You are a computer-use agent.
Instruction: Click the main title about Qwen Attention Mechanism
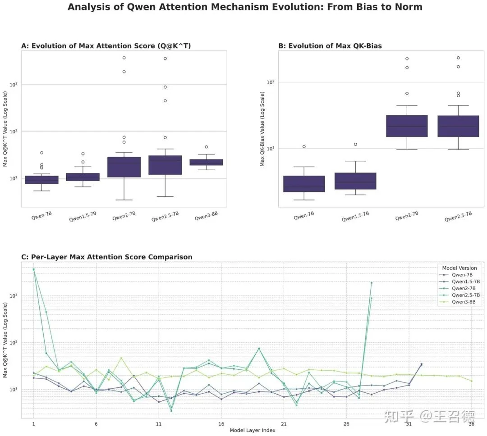click(245, 7)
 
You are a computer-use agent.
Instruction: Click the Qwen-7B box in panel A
click(42, 180)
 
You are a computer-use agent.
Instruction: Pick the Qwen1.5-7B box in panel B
click(355, 181)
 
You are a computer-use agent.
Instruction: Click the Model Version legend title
click(459, 268)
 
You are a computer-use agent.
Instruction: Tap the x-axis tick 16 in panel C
click(221, 424)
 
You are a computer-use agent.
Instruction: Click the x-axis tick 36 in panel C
click(471, 424)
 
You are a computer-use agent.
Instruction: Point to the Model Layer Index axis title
click(253, 430)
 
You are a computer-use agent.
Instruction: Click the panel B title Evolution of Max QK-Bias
click(330, 46)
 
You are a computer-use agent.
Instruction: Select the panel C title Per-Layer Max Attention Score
click(107, 257)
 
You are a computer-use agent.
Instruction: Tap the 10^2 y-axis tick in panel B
click(271, 82)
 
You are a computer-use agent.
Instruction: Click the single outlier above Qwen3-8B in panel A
click(207, 147)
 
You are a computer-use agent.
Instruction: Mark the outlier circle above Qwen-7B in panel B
click(304, 146)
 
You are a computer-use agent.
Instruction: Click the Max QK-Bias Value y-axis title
click(262, 129)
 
